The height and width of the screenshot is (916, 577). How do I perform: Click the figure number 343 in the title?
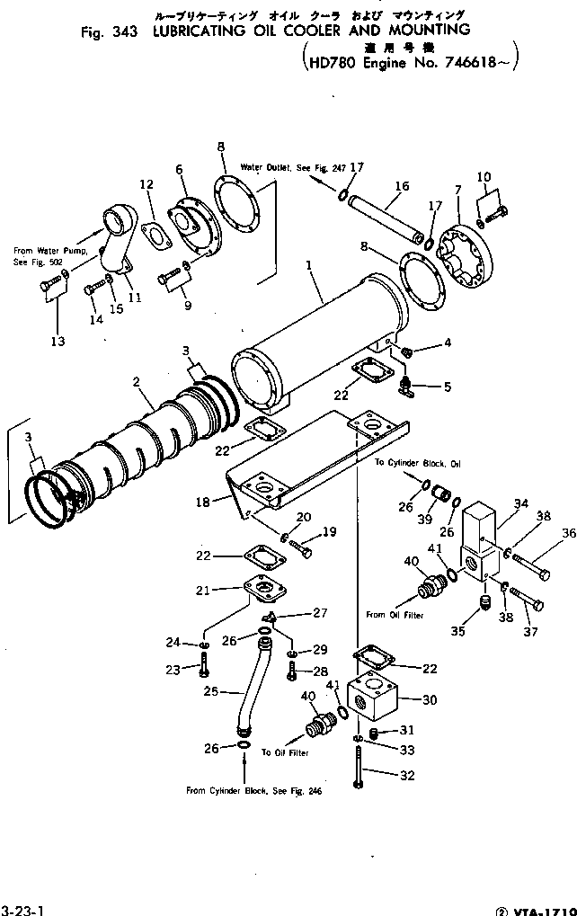pyautogui.click(x=126, y=31)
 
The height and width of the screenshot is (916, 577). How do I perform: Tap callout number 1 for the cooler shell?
pyautogui.click(x=309, y=265)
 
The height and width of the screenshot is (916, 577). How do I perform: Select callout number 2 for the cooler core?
pyautogui.click(x=138, y=382)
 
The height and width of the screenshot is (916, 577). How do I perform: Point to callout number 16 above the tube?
pyautogui.click(x=401, y=186)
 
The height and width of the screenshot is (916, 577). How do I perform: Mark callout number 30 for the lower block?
pyautogui.click(x=429, y=699)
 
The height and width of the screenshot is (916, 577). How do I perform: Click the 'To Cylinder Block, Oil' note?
pyautogui.click(x=418, y=463)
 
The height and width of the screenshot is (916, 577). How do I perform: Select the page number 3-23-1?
pyautogui.click(x=20, y=909)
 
